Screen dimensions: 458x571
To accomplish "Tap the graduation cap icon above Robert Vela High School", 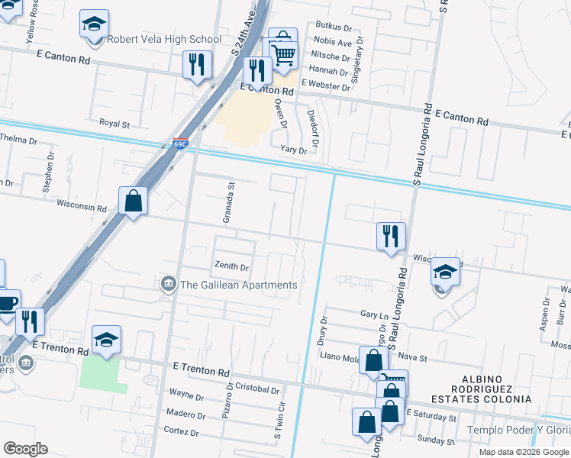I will pos(94,24).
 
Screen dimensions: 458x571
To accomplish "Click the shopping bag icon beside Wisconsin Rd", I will pos(133,202).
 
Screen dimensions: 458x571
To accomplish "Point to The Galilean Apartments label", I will pos(237,285).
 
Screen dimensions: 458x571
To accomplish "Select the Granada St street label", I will pos(227,202).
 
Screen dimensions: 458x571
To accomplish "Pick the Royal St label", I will pos(115,123).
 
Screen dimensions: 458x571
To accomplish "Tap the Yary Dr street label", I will pos(293,150).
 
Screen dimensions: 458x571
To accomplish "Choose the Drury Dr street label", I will pos(322,331).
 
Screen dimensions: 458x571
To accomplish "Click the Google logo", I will pos(26,448).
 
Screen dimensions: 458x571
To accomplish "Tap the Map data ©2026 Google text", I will pos(524,452).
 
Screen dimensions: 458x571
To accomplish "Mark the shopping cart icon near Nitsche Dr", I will pos(284,54).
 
